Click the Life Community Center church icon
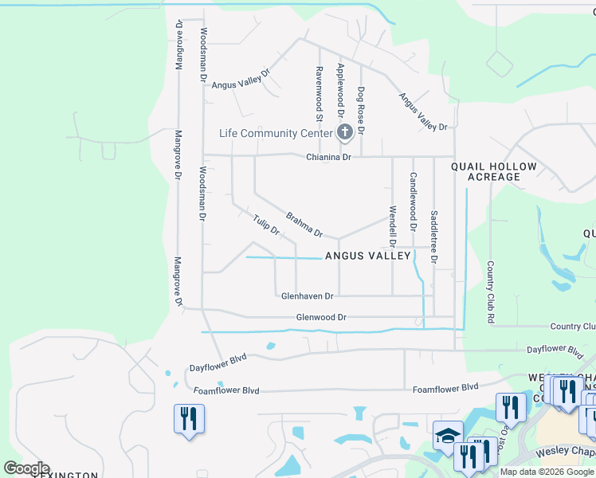(x=345, y=132)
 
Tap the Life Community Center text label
(x=276, y=133)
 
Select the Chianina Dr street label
(x=328, y=158)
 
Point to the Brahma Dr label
(x=304, y=224)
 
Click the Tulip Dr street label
(x=266, y=225)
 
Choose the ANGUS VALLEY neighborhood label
(x=367, y=256)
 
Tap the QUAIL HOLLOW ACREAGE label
(x=485, y=171)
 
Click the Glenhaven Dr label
(x=307, y=296)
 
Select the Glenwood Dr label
(x=321, y=317)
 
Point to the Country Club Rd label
(x=491, y=292)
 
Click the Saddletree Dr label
(x=433, y=237)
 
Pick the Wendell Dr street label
(x=392, y=225)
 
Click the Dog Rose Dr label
(x=360, y=110)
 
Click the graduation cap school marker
(x=449, y=435)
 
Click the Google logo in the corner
(x=26, y=468)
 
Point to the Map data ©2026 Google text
(x=547, y=472)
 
